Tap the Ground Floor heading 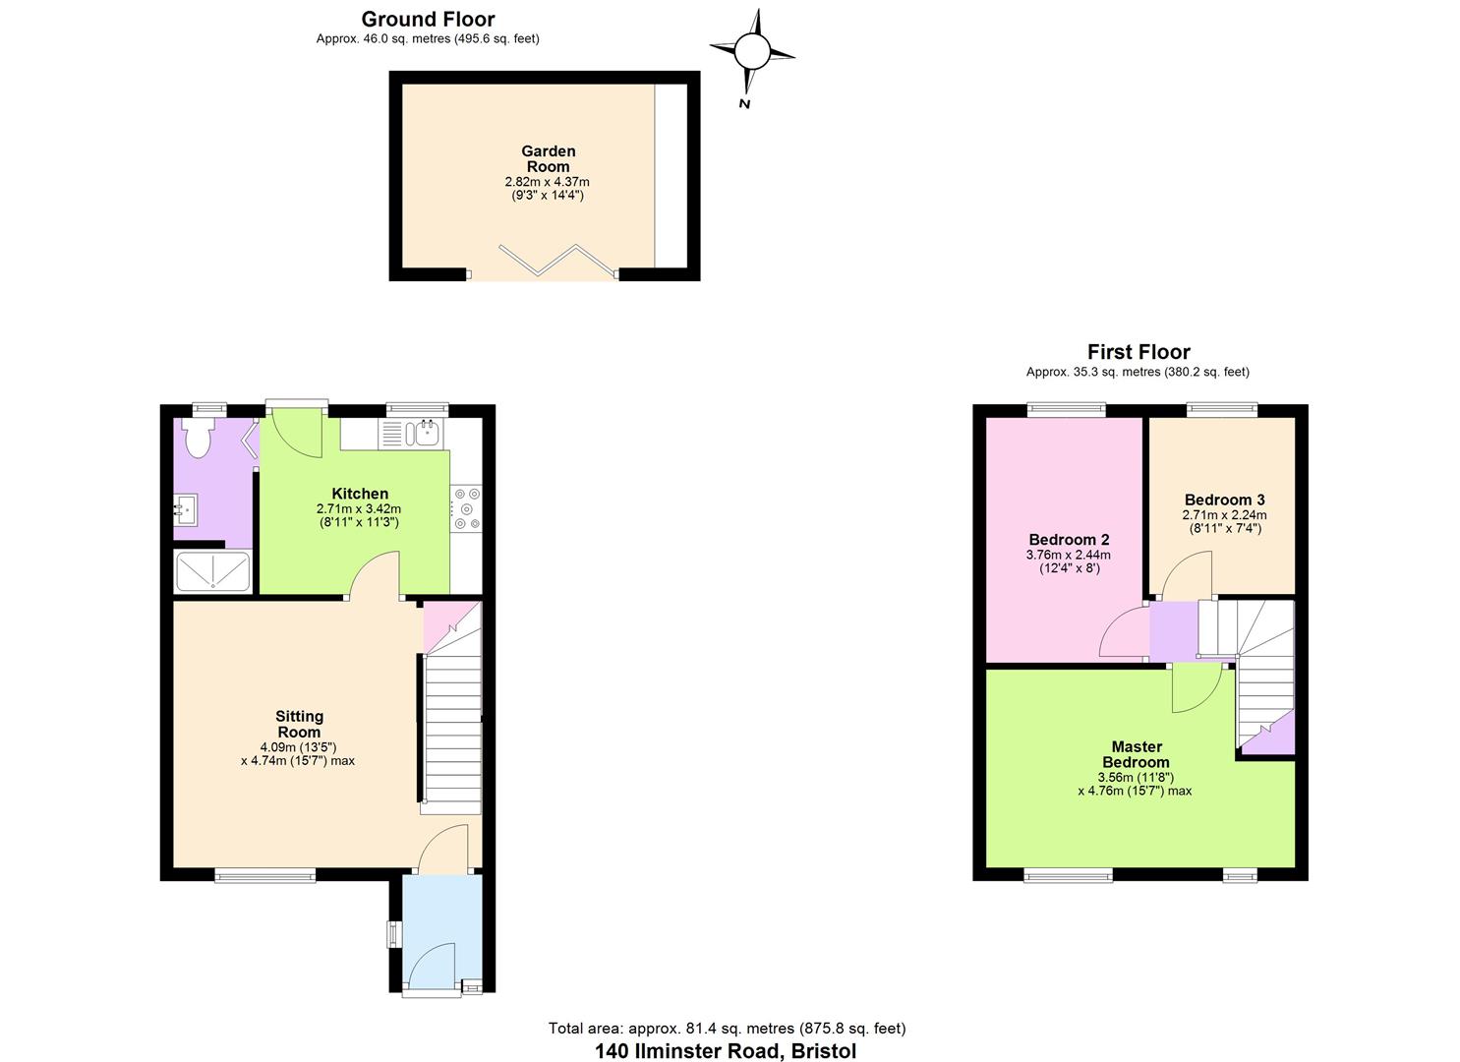pos(428,19)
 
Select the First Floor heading pos(1138,352)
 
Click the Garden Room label pos(548,158)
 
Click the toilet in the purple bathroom pos(198,438)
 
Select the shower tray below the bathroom pos(212,571)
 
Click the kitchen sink pos(427,432)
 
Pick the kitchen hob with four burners pos(466,509)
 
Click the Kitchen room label pos(360,494)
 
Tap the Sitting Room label pos(299,724)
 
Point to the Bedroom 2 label pos(1069,540)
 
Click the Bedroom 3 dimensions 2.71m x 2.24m pos(1224,515)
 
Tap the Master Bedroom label pos(1137,754)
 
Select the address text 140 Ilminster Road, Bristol pos(726,1050)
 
